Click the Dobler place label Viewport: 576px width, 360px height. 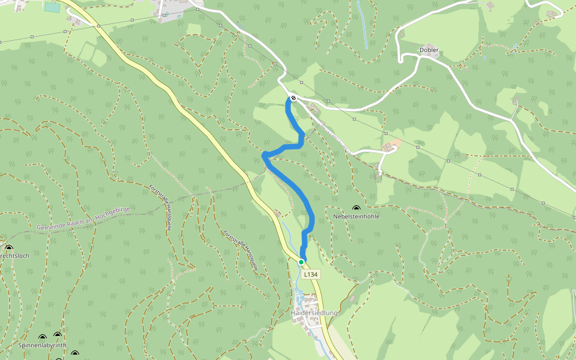(x=429, y=50)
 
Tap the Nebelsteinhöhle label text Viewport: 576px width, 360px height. (x=356, y=216)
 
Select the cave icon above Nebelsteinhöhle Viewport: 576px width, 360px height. (x=356, y=208)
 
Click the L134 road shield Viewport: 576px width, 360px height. (x=310, y=274)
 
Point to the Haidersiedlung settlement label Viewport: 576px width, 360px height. (x=314, y=313)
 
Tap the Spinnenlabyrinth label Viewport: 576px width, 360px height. (x=42, y=346)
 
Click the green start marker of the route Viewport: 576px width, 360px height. (x=301, y=262)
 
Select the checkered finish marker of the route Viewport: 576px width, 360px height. (x=293, y=98)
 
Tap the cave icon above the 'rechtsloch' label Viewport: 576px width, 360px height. (x=9, y=248)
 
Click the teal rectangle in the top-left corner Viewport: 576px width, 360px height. (x=52, y=8)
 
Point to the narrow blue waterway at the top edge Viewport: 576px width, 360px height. (x=362, y=24)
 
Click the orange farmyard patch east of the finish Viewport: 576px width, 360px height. (x=391, y=145)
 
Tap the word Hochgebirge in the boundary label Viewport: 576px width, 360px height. (x=112, y=212)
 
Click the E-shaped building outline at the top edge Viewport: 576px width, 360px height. (x=491, y=5)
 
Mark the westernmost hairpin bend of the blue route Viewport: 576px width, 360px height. (x=264, y=156)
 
